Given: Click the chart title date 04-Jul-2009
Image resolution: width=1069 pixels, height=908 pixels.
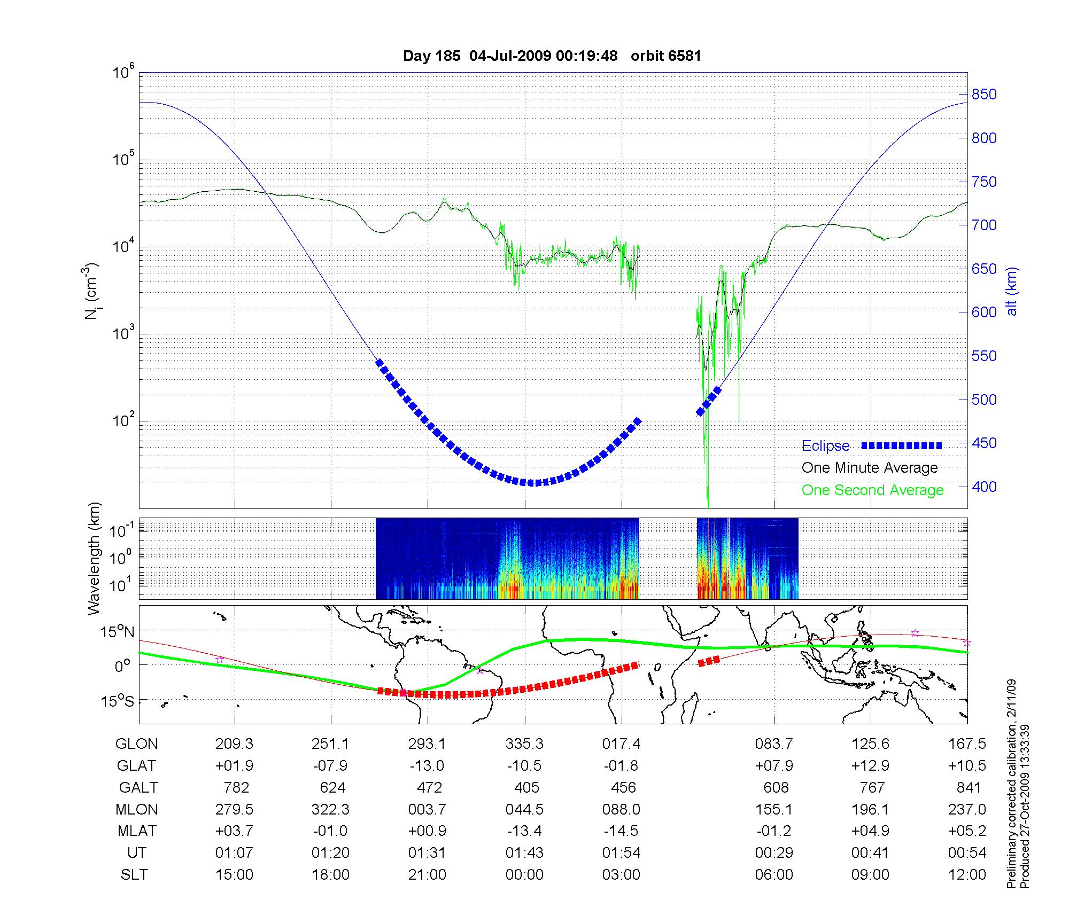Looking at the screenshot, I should (x=510, y=56).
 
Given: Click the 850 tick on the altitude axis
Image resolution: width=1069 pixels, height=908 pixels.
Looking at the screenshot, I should (x=983, y=95).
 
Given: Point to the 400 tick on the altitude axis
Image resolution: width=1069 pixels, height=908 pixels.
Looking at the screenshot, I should (x=983, y=487).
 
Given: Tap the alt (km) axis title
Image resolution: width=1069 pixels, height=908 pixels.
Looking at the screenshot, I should (x=1012, y=291).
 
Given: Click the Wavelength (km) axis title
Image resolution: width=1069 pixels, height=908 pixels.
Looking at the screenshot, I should (x=94, y=558).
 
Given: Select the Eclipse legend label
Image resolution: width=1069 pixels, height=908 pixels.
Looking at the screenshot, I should (x=825, y=446).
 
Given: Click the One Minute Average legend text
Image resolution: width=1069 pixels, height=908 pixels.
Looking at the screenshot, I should (x=870, y=468).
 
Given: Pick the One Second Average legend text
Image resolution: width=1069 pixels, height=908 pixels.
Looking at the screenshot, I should (x=872, y=490).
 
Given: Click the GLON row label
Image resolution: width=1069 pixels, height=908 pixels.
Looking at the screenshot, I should (x=137, y=744).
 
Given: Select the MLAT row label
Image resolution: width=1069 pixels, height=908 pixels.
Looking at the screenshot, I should (x=137, y=831).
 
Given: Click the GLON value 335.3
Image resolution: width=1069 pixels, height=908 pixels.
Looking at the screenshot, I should (x=524, y=744).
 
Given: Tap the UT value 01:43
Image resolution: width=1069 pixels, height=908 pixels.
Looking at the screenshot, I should (x=524, y=853).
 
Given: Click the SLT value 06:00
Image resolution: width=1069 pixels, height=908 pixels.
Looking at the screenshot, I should (x=774, y=875).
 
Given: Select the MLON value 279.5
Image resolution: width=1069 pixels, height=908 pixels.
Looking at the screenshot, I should (x=234, y=809).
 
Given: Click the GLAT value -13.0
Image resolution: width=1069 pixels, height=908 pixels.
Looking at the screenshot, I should (x=427, y=766).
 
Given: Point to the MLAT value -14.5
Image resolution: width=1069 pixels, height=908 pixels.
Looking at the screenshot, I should (x=621, y=831).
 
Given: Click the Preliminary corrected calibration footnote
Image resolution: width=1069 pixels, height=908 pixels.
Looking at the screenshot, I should (x=1011, y=817).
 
